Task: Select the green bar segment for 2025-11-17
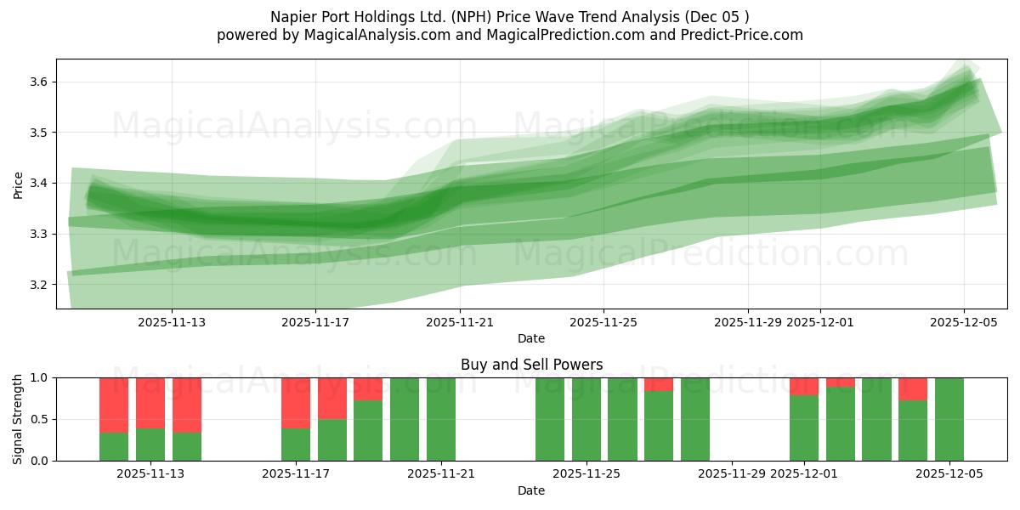pos(296,445)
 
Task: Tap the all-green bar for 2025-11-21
pos(441,419)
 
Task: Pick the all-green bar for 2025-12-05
pos(949,419)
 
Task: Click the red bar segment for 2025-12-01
pos(804,386)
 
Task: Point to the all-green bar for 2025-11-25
pos(586,419)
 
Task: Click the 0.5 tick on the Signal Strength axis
pos(39,419)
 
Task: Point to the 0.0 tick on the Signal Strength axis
pos(39,461)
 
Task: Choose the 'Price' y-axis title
pos(18,184)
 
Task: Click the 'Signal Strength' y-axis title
pos(18,419)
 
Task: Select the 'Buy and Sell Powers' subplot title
pos(531,365)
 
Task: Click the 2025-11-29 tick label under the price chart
pos(748,322)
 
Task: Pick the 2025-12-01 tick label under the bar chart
pos(804,474)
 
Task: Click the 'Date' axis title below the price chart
pos(531,338)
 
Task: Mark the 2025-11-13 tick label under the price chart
pos(172,322)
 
